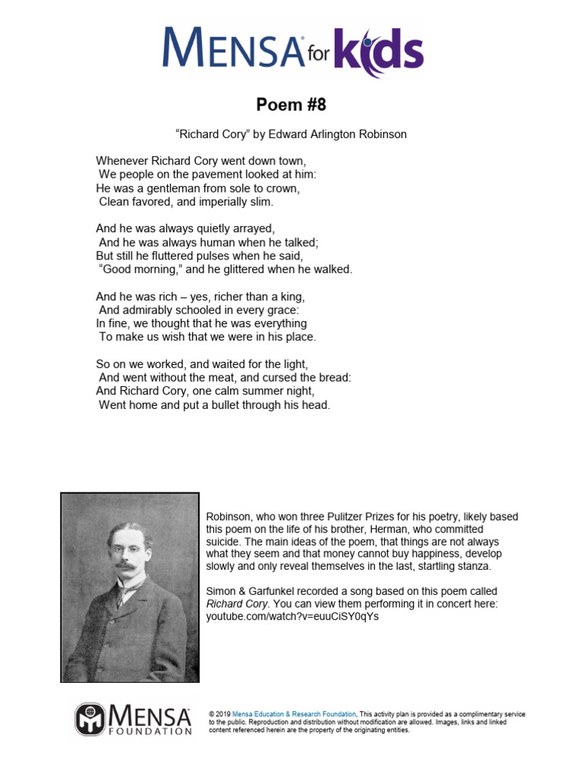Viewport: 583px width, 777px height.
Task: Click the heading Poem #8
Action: (291, 104)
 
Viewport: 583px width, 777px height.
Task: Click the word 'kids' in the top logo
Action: (380, 49)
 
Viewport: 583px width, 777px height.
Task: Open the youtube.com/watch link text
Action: (292, 616)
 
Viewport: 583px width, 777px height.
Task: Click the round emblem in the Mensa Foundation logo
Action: (89, 719)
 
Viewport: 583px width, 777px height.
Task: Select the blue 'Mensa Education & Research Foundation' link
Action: (294, 714)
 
